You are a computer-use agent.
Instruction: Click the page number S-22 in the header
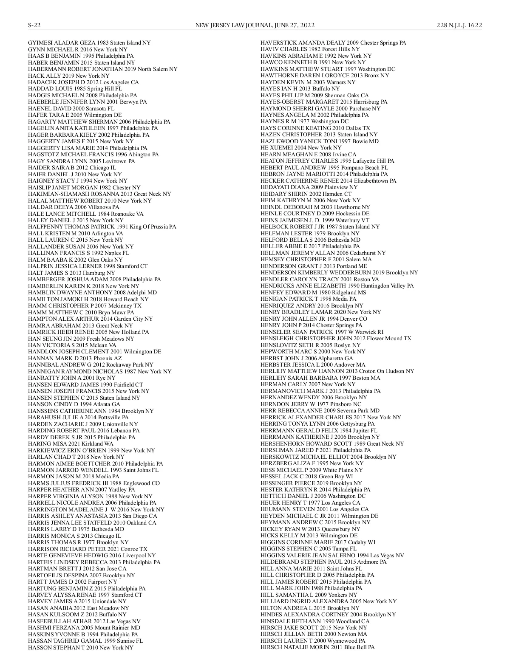(x=34, y=25)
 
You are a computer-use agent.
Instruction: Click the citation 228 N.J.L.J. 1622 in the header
(x=459, y=25)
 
